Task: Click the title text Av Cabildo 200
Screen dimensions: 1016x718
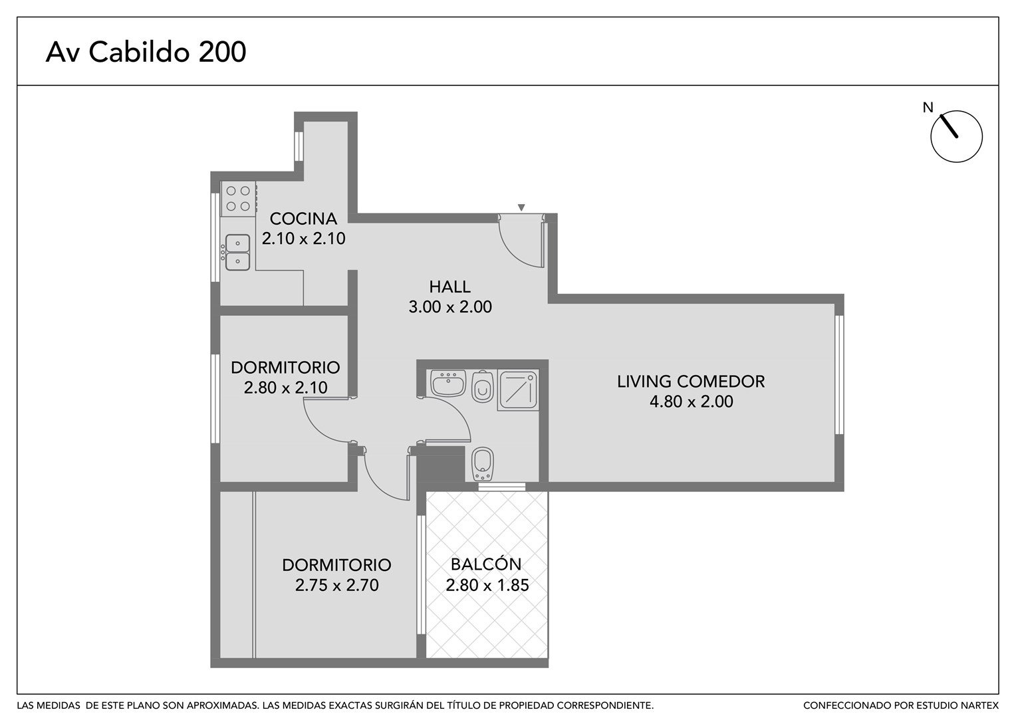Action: (146, 52)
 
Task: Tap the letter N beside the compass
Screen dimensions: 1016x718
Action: (928, 108)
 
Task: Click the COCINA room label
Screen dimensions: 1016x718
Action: (303, 219)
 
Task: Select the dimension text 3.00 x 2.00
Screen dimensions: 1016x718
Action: (450, 306)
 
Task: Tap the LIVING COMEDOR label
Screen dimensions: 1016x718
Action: (691, 382)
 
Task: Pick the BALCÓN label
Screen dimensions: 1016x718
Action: (486, 564)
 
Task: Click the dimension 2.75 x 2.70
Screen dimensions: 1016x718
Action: (336, 585)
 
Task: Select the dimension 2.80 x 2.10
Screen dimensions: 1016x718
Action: (285, 388)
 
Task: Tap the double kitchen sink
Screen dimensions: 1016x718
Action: (237, 252)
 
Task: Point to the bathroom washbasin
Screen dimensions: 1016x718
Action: (448, 384)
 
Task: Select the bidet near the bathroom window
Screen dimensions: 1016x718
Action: (483, 464)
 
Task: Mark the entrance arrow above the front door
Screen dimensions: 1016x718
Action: (521, 207)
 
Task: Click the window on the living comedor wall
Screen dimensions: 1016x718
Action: (839, 375)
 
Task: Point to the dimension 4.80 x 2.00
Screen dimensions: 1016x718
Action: (692, 402)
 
